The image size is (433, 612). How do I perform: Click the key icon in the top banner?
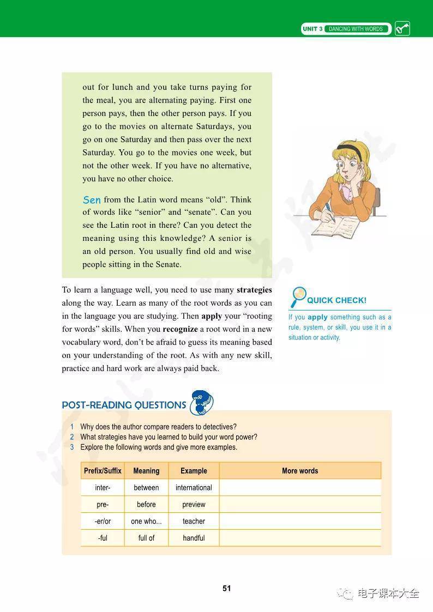coord(402,29)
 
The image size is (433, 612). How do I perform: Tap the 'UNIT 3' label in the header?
coord(312,29)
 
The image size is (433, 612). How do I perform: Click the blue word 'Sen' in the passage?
coord(91,200)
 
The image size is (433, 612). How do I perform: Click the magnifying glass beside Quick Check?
coord(298,296)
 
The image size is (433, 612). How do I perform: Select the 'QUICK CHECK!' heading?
coord(336,300)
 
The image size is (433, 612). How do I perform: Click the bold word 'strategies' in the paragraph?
coord(254,290)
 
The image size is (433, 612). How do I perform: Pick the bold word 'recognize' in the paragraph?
coord(180,329)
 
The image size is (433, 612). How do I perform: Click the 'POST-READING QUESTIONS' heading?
coord(124,405)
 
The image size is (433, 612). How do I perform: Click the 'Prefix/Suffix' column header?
coord(103,471)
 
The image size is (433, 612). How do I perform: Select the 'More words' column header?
coord(300,471)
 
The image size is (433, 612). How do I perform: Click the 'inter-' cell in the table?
coord(103,488)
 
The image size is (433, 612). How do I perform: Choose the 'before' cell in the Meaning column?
coord(146,505)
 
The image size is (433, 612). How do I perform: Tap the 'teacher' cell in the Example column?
coord(194,522)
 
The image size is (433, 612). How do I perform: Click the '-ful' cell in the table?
coord(103,538)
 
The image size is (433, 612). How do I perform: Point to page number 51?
coord(227,588)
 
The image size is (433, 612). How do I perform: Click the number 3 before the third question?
coord(71,447)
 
